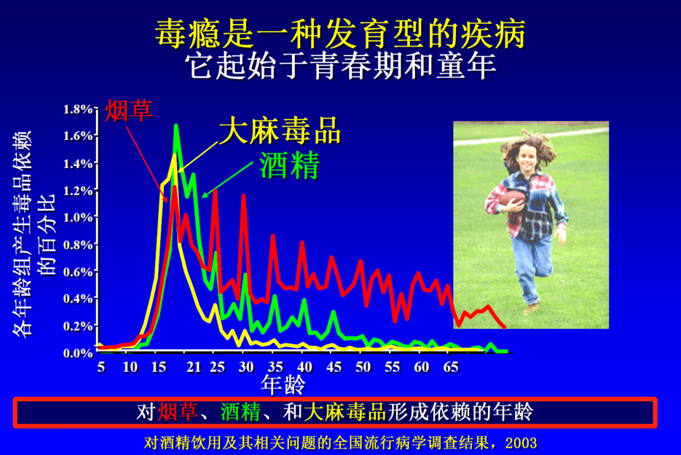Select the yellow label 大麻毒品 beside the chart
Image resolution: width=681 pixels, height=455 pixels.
point(279,131)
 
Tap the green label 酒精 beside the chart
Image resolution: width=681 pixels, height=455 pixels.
point(289,165)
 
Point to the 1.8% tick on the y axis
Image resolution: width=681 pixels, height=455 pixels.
point(78,109)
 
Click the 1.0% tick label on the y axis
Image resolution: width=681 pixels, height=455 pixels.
point(78,217)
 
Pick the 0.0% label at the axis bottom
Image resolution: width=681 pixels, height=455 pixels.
point(78,353)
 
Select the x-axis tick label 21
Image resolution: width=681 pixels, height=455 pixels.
point(194,367)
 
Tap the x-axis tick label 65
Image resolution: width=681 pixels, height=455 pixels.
point(450,367)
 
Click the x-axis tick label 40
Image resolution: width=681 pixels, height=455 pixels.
point(304,367)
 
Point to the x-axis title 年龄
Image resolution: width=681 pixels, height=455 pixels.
point(283,383)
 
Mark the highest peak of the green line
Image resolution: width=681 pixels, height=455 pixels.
point(176,126)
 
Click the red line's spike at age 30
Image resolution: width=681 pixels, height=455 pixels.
point(243,196)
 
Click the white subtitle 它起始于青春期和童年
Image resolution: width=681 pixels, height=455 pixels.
point(340,65)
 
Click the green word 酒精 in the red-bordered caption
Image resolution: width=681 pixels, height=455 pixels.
point(240,412)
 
